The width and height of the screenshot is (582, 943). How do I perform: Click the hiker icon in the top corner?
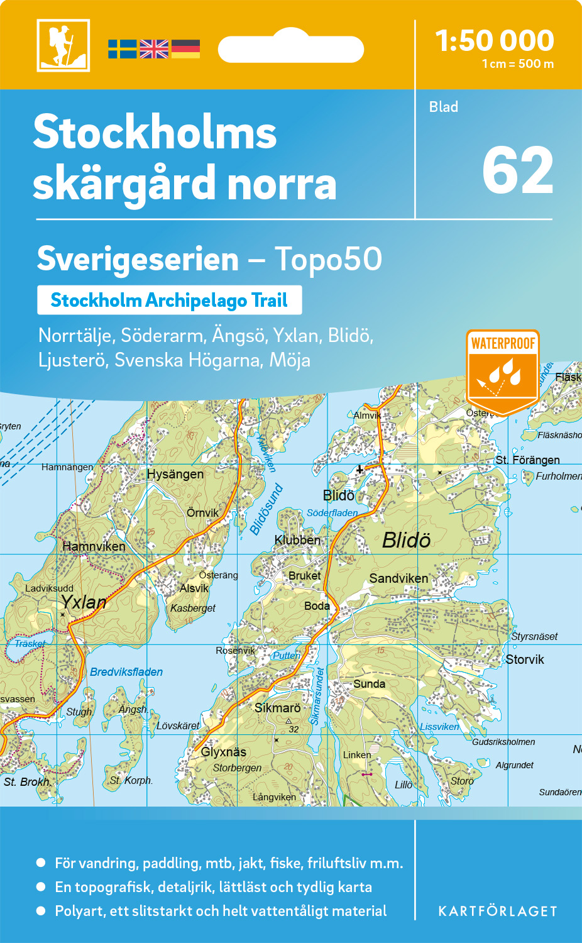(63, 45)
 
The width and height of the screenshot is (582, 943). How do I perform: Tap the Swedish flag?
(122, 49)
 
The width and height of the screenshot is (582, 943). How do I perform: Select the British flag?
(154, 49)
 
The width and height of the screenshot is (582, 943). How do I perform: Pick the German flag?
(185, 49)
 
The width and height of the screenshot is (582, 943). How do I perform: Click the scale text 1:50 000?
(495, 41)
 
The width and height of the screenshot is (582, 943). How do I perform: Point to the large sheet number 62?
(517, 171)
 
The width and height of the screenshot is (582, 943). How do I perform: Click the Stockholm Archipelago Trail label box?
(169, 301)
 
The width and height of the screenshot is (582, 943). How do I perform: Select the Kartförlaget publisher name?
(497, 912)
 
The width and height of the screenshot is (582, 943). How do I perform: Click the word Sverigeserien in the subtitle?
(138, 259)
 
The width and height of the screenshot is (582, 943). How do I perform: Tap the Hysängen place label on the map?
(175, 474)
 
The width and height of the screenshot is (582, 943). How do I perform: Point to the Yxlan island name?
(84, 602)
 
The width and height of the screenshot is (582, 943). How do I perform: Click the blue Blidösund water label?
(266, 509)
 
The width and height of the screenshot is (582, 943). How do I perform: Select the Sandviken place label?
(398, 578)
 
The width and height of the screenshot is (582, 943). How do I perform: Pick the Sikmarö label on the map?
(277, 708)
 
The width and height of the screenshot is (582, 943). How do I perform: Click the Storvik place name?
(525, 659)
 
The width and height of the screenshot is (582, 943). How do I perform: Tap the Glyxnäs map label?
(223, 752)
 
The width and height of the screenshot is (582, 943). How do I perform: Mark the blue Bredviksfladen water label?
(126, 672)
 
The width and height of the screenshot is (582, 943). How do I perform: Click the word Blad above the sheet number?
(443, 107)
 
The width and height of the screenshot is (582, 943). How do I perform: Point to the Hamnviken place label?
(94, 546)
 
